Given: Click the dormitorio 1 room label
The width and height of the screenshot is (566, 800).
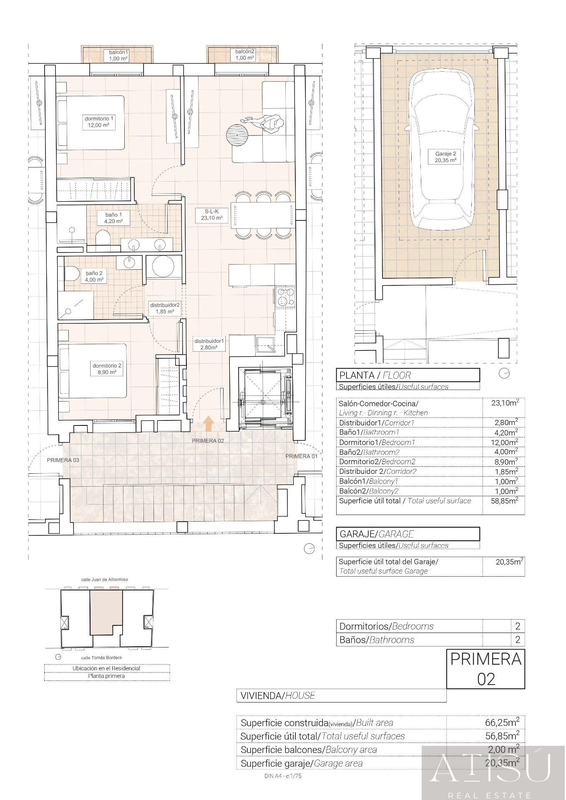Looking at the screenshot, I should click(99, 122).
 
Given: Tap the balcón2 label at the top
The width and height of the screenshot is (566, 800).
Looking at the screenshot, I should click(245, 55).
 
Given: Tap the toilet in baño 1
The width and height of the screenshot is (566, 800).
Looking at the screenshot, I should click(103, 240).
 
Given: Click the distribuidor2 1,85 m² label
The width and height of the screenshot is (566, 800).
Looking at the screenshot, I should click(165, 308).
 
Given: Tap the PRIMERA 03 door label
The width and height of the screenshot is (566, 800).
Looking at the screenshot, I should click(63, 460).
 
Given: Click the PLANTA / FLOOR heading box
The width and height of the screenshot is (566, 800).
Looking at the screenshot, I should click(408, 375).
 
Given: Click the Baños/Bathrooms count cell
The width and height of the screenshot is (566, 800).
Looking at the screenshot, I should click(518, 640).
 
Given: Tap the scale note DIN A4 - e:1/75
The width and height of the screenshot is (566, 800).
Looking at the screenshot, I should click(283, 776).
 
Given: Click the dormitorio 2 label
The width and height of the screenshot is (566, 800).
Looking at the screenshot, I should click(107, 369).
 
